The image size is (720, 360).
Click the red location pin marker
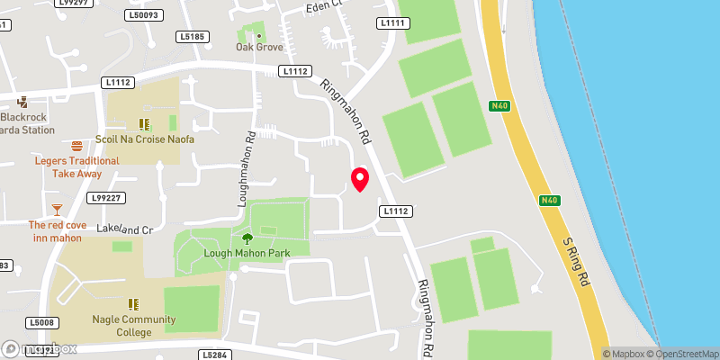360,179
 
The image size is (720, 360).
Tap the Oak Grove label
259,47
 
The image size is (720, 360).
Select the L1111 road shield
393,22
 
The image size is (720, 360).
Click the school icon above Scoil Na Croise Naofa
143,123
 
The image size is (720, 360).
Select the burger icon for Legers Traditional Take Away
76,145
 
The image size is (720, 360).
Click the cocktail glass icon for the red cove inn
58,209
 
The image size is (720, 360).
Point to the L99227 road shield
105,197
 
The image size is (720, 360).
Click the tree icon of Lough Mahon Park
247,238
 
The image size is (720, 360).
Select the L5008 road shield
42,322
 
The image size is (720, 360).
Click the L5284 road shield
214,355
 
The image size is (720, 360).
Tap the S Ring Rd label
575,262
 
